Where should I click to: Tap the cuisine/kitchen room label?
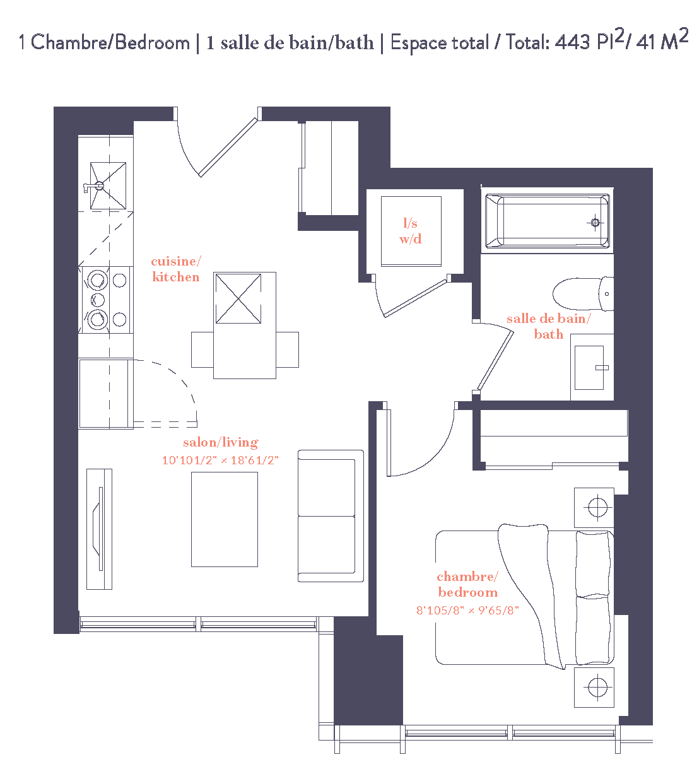click(176, 269)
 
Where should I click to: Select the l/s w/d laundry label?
click(410, 231)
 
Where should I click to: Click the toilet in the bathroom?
click(582, 294)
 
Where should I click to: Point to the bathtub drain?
click(595, 222)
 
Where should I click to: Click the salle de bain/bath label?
click(548, 326)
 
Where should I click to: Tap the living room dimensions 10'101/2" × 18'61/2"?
click(220, 460)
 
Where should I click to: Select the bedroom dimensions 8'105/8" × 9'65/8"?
click(467, 610)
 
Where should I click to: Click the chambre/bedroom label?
click(467, 584)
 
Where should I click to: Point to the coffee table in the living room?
click(225, 519)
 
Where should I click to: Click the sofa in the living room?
click(330, 516)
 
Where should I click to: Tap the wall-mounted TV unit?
click(99, 529)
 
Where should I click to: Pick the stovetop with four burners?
click(106, 299)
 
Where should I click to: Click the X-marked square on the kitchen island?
click(237, 298)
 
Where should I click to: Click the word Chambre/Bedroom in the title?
click(110, 42)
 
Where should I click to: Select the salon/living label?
click(220, 442)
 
